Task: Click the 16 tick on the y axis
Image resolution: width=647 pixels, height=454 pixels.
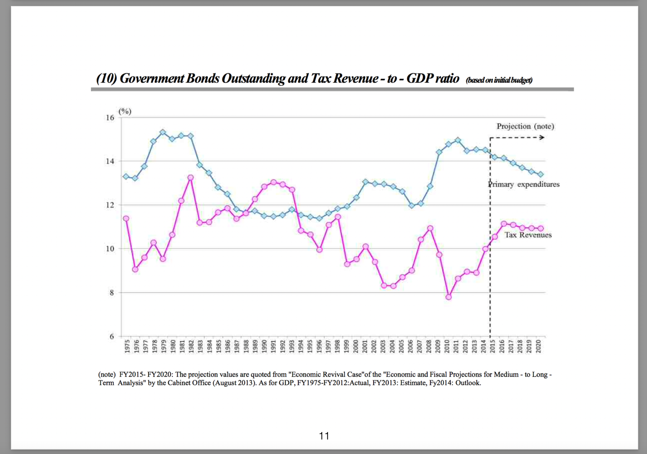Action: [x=110, y=118]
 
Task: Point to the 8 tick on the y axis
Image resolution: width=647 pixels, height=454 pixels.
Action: [x=112, y=293]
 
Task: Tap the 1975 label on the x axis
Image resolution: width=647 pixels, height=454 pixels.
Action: [x=127, y=346]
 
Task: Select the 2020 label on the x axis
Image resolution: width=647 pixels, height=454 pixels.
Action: [x=538, y=346]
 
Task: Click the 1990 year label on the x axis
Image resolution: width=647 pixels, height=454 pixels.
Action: [x=264, y=346]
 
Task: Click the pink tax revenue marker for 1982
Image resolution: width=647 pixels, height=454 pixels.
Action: [x=191, y=178]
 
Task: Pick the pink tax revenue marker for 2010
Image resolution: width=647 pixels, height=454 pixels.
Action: [x=448, y=297]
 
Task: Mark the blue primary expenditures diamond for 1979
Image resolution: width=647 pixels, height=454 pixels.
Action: [x=163, y=132]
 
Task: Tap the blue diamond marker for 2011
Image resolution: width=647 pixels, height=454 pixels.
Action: [x=457, y=140]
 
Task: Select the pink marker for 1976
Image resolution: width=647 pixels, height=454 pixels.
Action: [x=135, y=269]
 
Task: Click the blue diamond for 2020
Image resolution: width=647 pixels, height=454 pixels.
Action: [x=540, y=174]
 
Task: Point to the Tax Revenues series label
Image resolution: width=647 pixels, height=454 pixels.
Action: [x=528, y=235]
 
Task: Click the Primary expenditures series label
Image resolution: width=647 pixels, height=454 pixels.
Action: [x=524, y=184]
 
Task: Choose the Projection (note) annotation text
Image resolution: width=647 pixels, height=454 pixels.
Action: [x=525, y=126]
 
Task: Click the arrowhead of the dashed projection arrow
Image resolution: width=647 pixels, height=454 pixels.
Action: [x=542, y=138]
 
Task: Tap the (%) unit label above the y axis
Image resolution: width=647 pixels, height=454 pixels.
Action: [x=125, y=111]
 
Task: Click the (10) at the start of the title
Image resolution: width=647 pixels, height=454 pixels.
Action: [x=106, y=78]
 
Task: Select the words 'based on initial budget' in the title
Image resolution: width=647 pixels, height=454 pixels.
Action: [x=499, y=80]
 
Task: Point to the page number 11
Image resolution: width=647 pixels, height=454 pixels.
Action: [x=324, y=436]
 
